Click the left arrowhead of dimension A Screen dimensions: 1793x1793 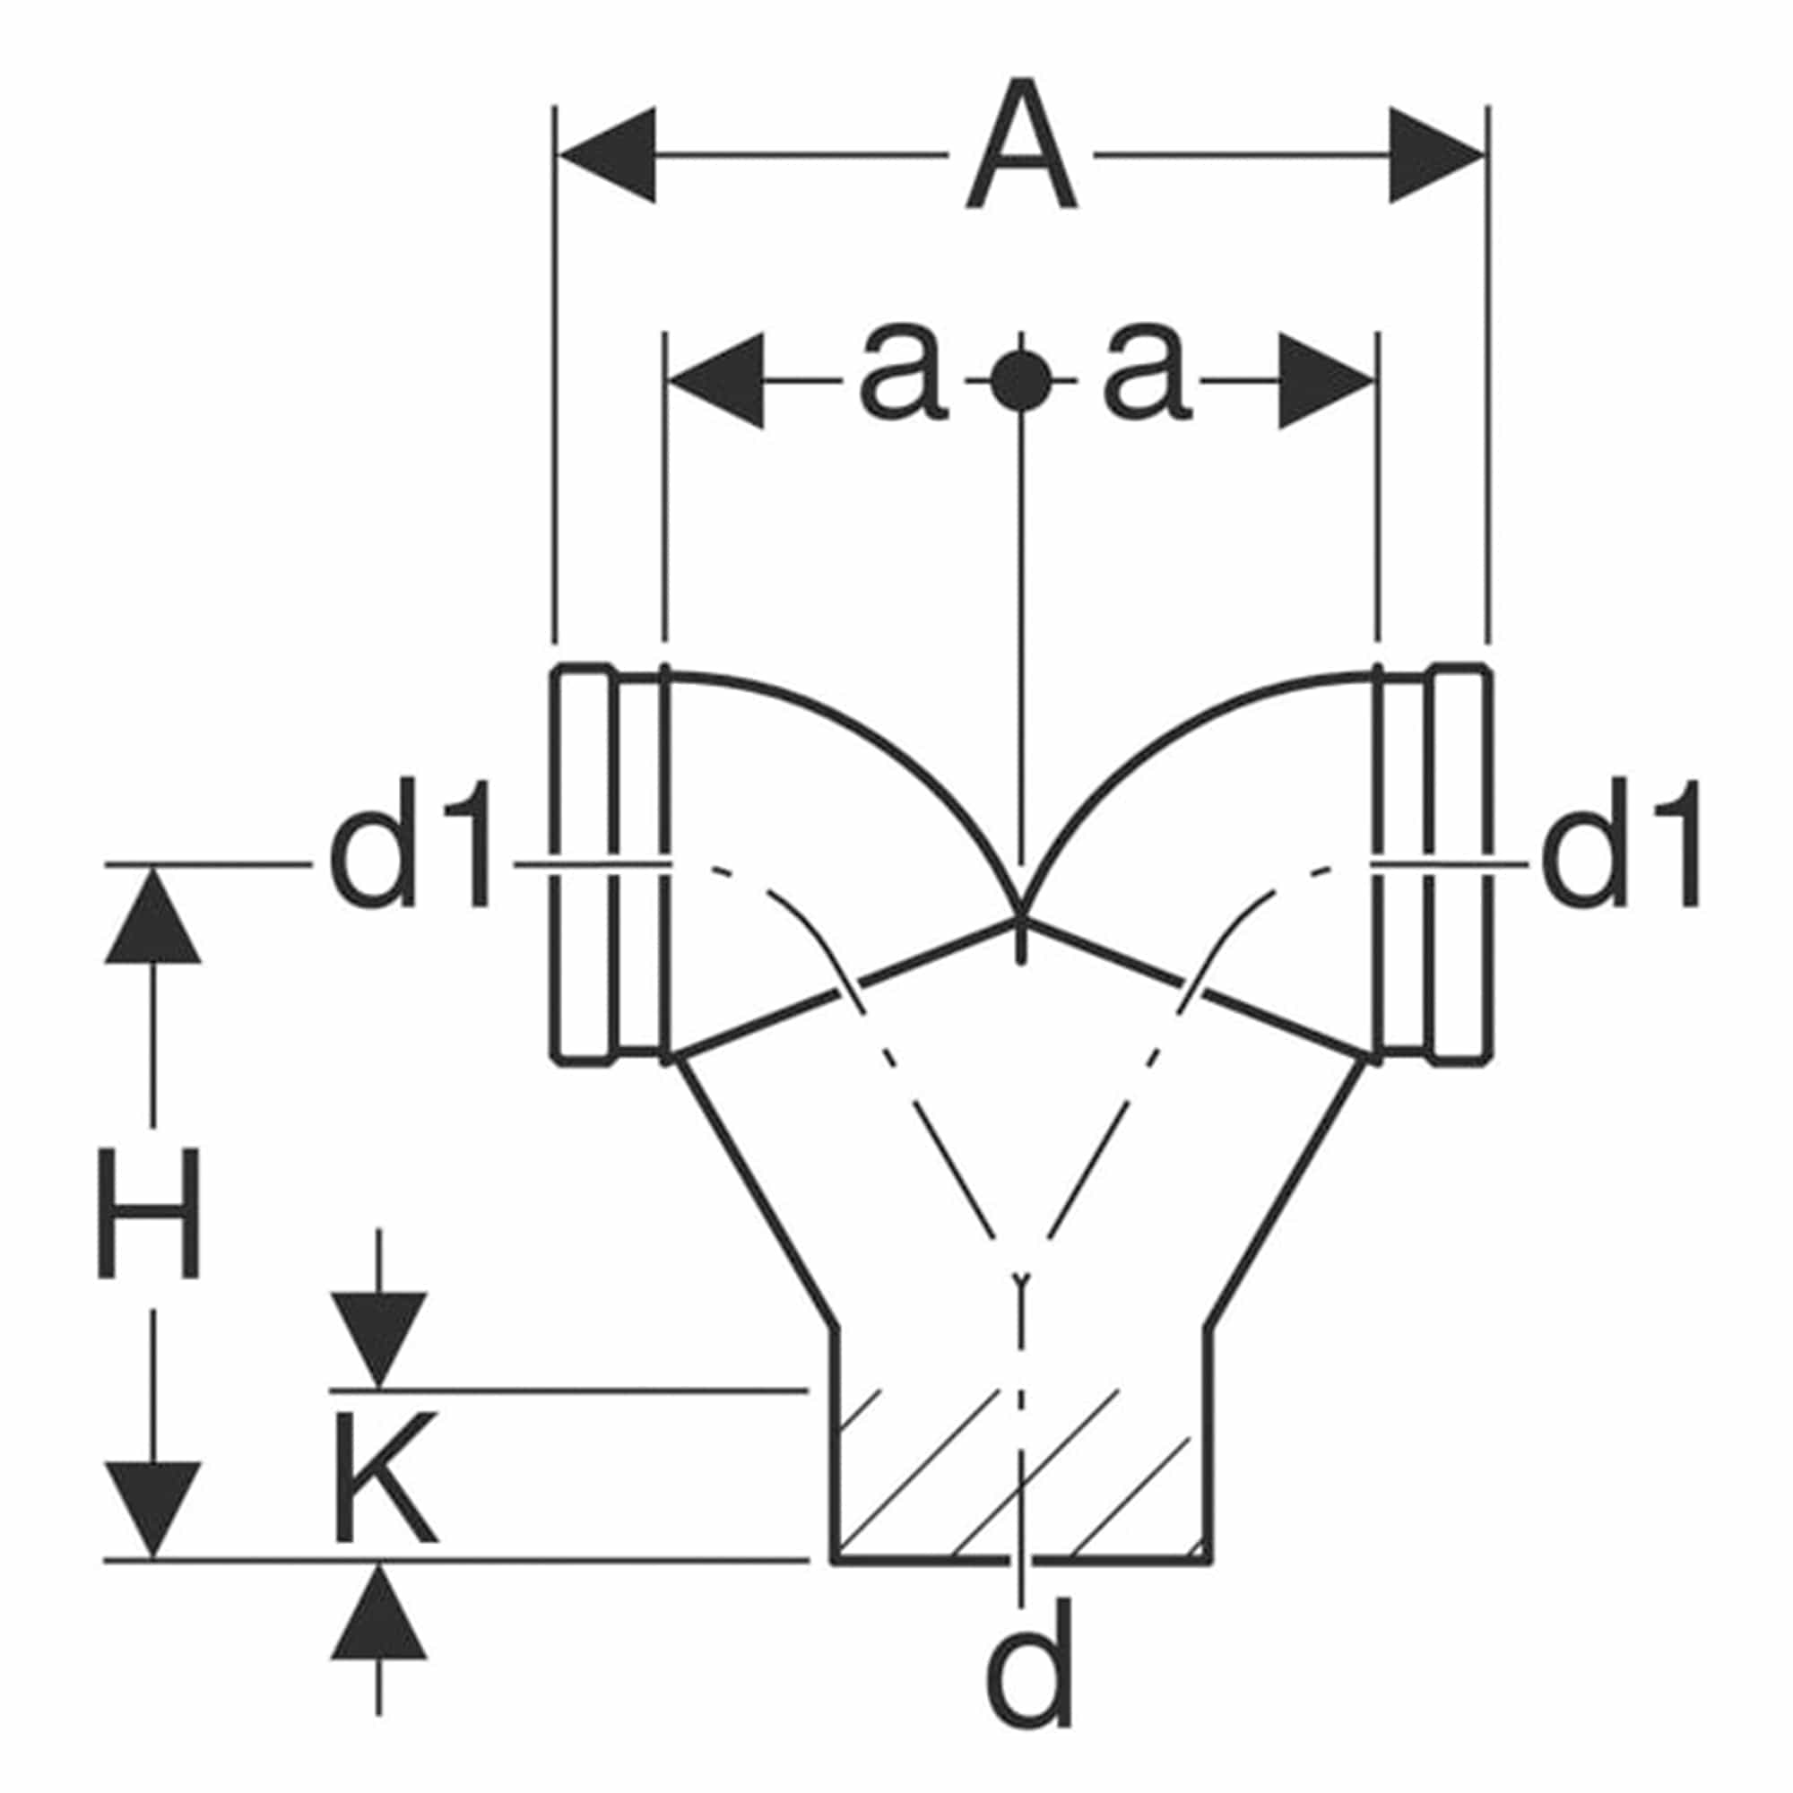tap(607, 154)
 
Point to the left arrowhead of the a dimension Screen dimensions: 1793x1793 tap(716, 380)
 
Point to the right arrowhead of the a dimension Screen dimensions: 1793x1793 tap(1327, 380)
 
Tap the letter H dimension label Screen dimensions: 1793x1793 tap(149, 1213)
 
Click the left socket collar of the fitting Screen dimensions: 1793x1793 tap(610, 865)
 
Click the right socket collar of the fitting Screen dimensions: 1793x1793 tap(1433, 865)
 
